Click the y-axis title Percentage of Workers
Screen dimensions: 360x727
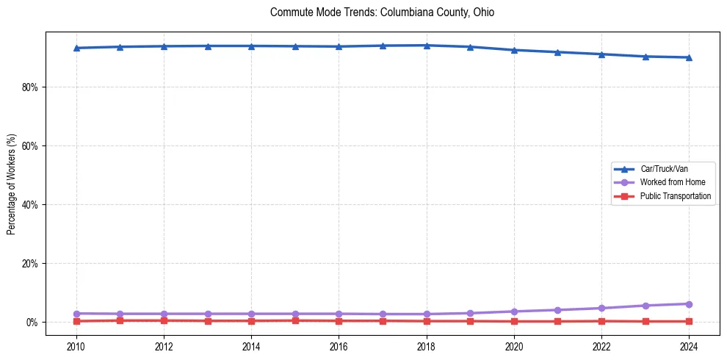tap(12, 184)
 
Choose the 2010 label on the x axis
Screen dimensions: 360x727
tap(76, 346)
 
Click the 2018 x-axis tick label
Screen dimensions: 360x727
tap(427, 346)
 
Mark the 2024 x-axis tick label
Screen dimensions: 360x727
tap(689, 346)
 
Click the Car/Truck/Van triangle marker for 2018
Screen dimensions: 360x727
tap(427, 46)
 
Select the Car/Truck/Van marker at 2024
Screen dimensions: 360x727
tap(689, 57)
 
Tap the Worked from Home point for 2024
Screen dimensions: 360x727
tap(689, 304)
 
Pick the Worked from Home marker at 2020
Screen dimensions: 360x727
tap(514, 312)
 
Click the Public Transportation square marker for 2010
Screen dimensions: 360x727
tap(76, 321)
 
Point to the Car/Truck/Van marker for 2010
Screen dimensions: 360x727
tap(76, 48)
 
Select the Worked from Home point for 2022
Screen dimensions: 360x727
tap(601, 308)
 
